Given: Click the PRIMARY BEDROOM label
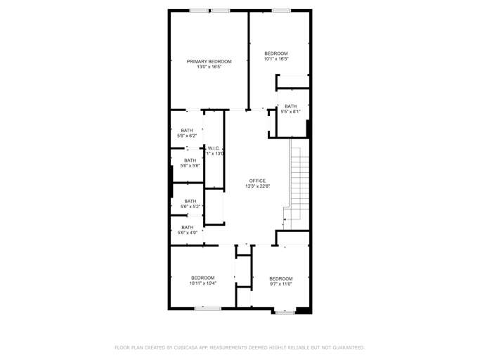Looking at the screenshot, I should pyautogui.click(x=209, y=61).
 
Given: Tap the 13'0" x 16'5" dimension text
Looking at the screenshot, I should pyautogui.click(x=209, y=67).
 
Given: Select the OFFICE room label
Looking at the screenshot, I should pyautogui.click(x=257, y=181).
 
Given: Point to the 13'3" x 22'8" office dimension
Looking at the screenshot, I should pyautogui.click(x=257, y=186).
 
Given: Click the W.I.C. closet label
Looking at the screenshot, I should pyautogui.click(x=214, y=148).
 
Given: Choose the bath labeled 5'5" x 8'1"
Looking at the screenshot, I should pyautogui.click(x=290, y=109).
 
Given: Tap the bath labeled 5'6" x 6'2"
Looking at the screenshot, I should pyautogui.click(x=187, y=133).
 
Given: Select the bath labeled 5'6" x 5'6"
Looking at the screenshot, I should pyautogui.click(x=190, y=163).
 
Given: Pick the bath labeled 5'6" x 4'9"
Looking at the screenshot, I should pyautogui.click(x=188, y=230).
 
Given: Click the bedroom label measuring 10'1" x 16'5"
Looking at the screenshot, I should pyautogui.click(x=275, y=56).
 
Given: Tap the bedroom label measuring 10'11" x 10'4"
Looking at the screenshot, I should pyautogui.click(x=203, y=281).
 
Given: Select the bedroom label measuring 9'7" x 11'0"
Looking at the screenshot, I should pyautogui.click(x=280, y=281).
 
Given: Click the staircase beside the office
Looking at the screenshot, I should pyautogui.click(x=299, y=179).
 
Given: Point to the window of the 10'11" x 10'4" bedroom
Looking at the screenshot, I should pyautogui.click(x=208, y=308).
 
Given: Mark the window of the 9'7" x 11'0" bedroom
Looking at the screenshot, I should pyautogui.click(x=284, y=311).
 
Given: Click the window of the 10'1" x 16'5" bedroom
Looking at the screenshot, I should pyautogui.click(x=281, y=11).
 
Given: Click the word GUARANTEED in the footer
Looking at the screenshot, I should pyautogui.click(x=347, y=347).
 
